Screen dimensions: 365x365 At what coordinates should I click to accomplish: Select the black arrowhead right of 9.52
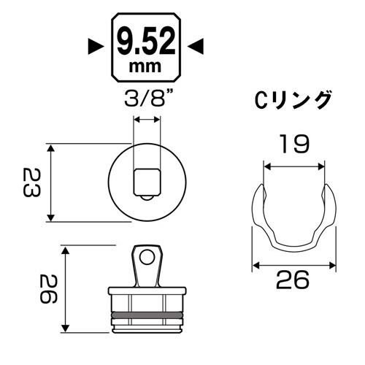tap(195, 47)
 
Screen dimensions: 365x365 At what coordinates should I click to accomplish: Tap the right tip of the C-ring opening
tap(322, 191)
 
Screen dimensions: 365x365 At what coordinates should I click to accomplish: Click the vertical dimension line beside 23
tap(50, 183)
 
